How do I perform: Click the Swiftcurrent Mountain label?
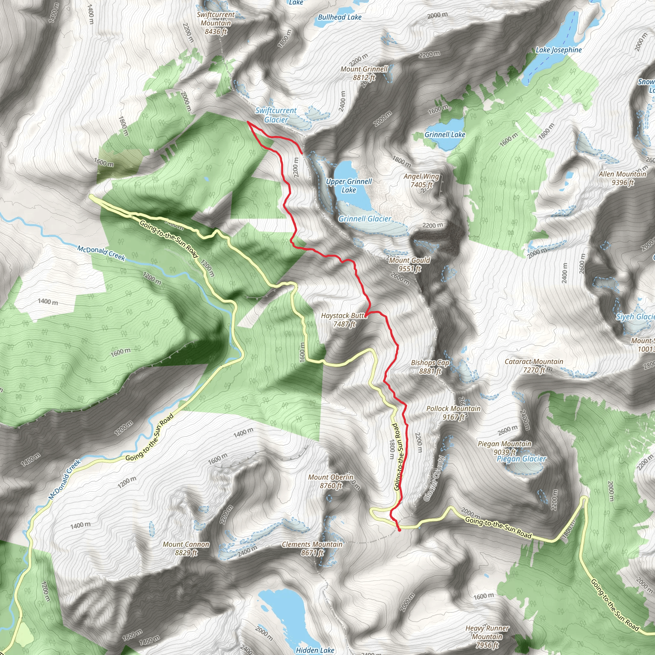216,23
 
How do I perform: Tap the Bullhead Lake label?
339,17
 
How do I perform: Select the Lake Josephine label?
558,50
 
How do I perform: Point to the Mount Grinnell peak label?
364,73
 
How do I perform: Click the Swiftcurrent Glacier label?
276,115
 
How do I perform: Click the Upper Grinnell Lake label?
349,185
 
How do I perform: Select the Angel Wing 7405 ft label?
421,180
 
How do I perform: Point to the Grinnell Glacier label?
365,219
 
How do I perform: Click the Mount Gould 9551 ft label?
410,264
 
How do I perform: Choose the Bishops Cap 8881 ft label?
430,367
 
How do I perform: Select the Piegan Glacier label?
521,459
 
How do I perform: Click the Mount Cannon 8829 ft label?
186,548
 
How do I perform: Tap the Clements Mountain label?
312,548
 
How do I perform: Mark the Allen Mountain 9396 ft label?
622,178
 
